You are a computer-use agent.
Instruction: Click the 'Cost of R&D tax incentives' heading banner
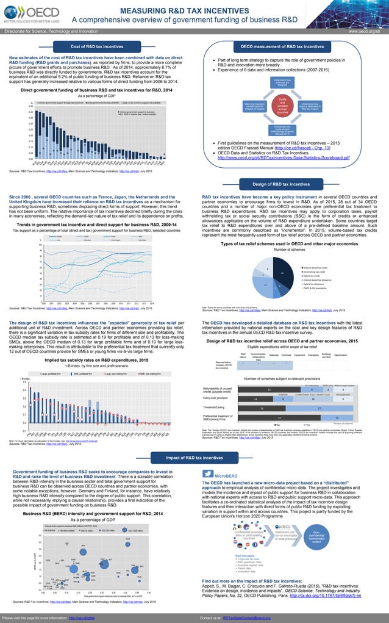point(97,46)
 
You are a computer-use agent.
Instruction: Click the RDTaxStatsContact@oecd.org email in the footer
point(247,618)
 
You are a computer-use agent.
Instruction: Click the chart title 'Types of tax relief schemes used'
point(289,243)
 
